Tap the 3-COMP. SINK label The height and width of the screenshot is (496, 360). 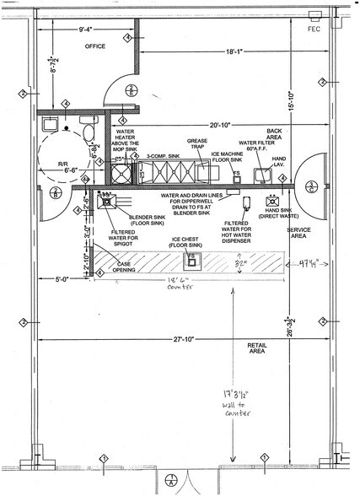click(157, 157)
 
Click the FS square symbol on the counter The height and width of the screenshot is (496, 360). click(192, 256)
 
